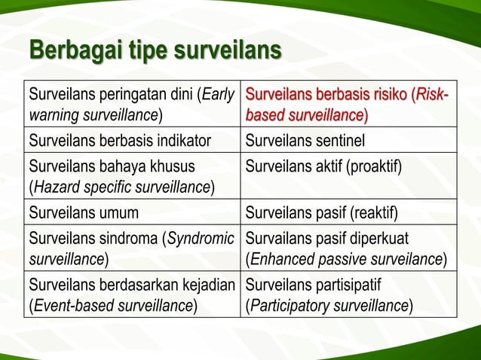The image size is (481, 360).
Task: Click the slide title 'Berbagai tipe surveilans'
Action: coord(155,53)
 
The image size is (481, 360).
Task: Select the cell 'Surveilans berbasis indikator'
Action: coord(119,139)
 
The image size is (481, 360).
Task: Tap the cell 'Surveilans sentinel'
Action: coord(305,139)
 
